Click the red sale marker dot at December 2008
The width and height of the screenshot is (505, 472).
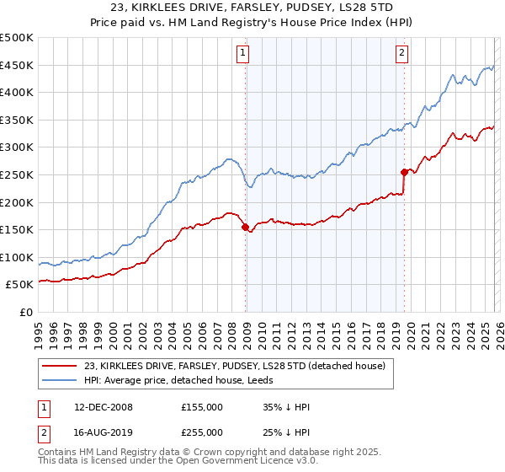(x=245, y=227)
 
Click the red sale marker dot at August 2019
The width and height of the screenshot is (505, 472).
(x=404, y=172)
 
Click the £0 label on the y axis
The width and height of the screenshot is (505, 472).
(x=26, y=312)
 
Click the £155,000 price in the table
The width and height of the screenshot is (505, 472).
(x=202, y=407)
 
